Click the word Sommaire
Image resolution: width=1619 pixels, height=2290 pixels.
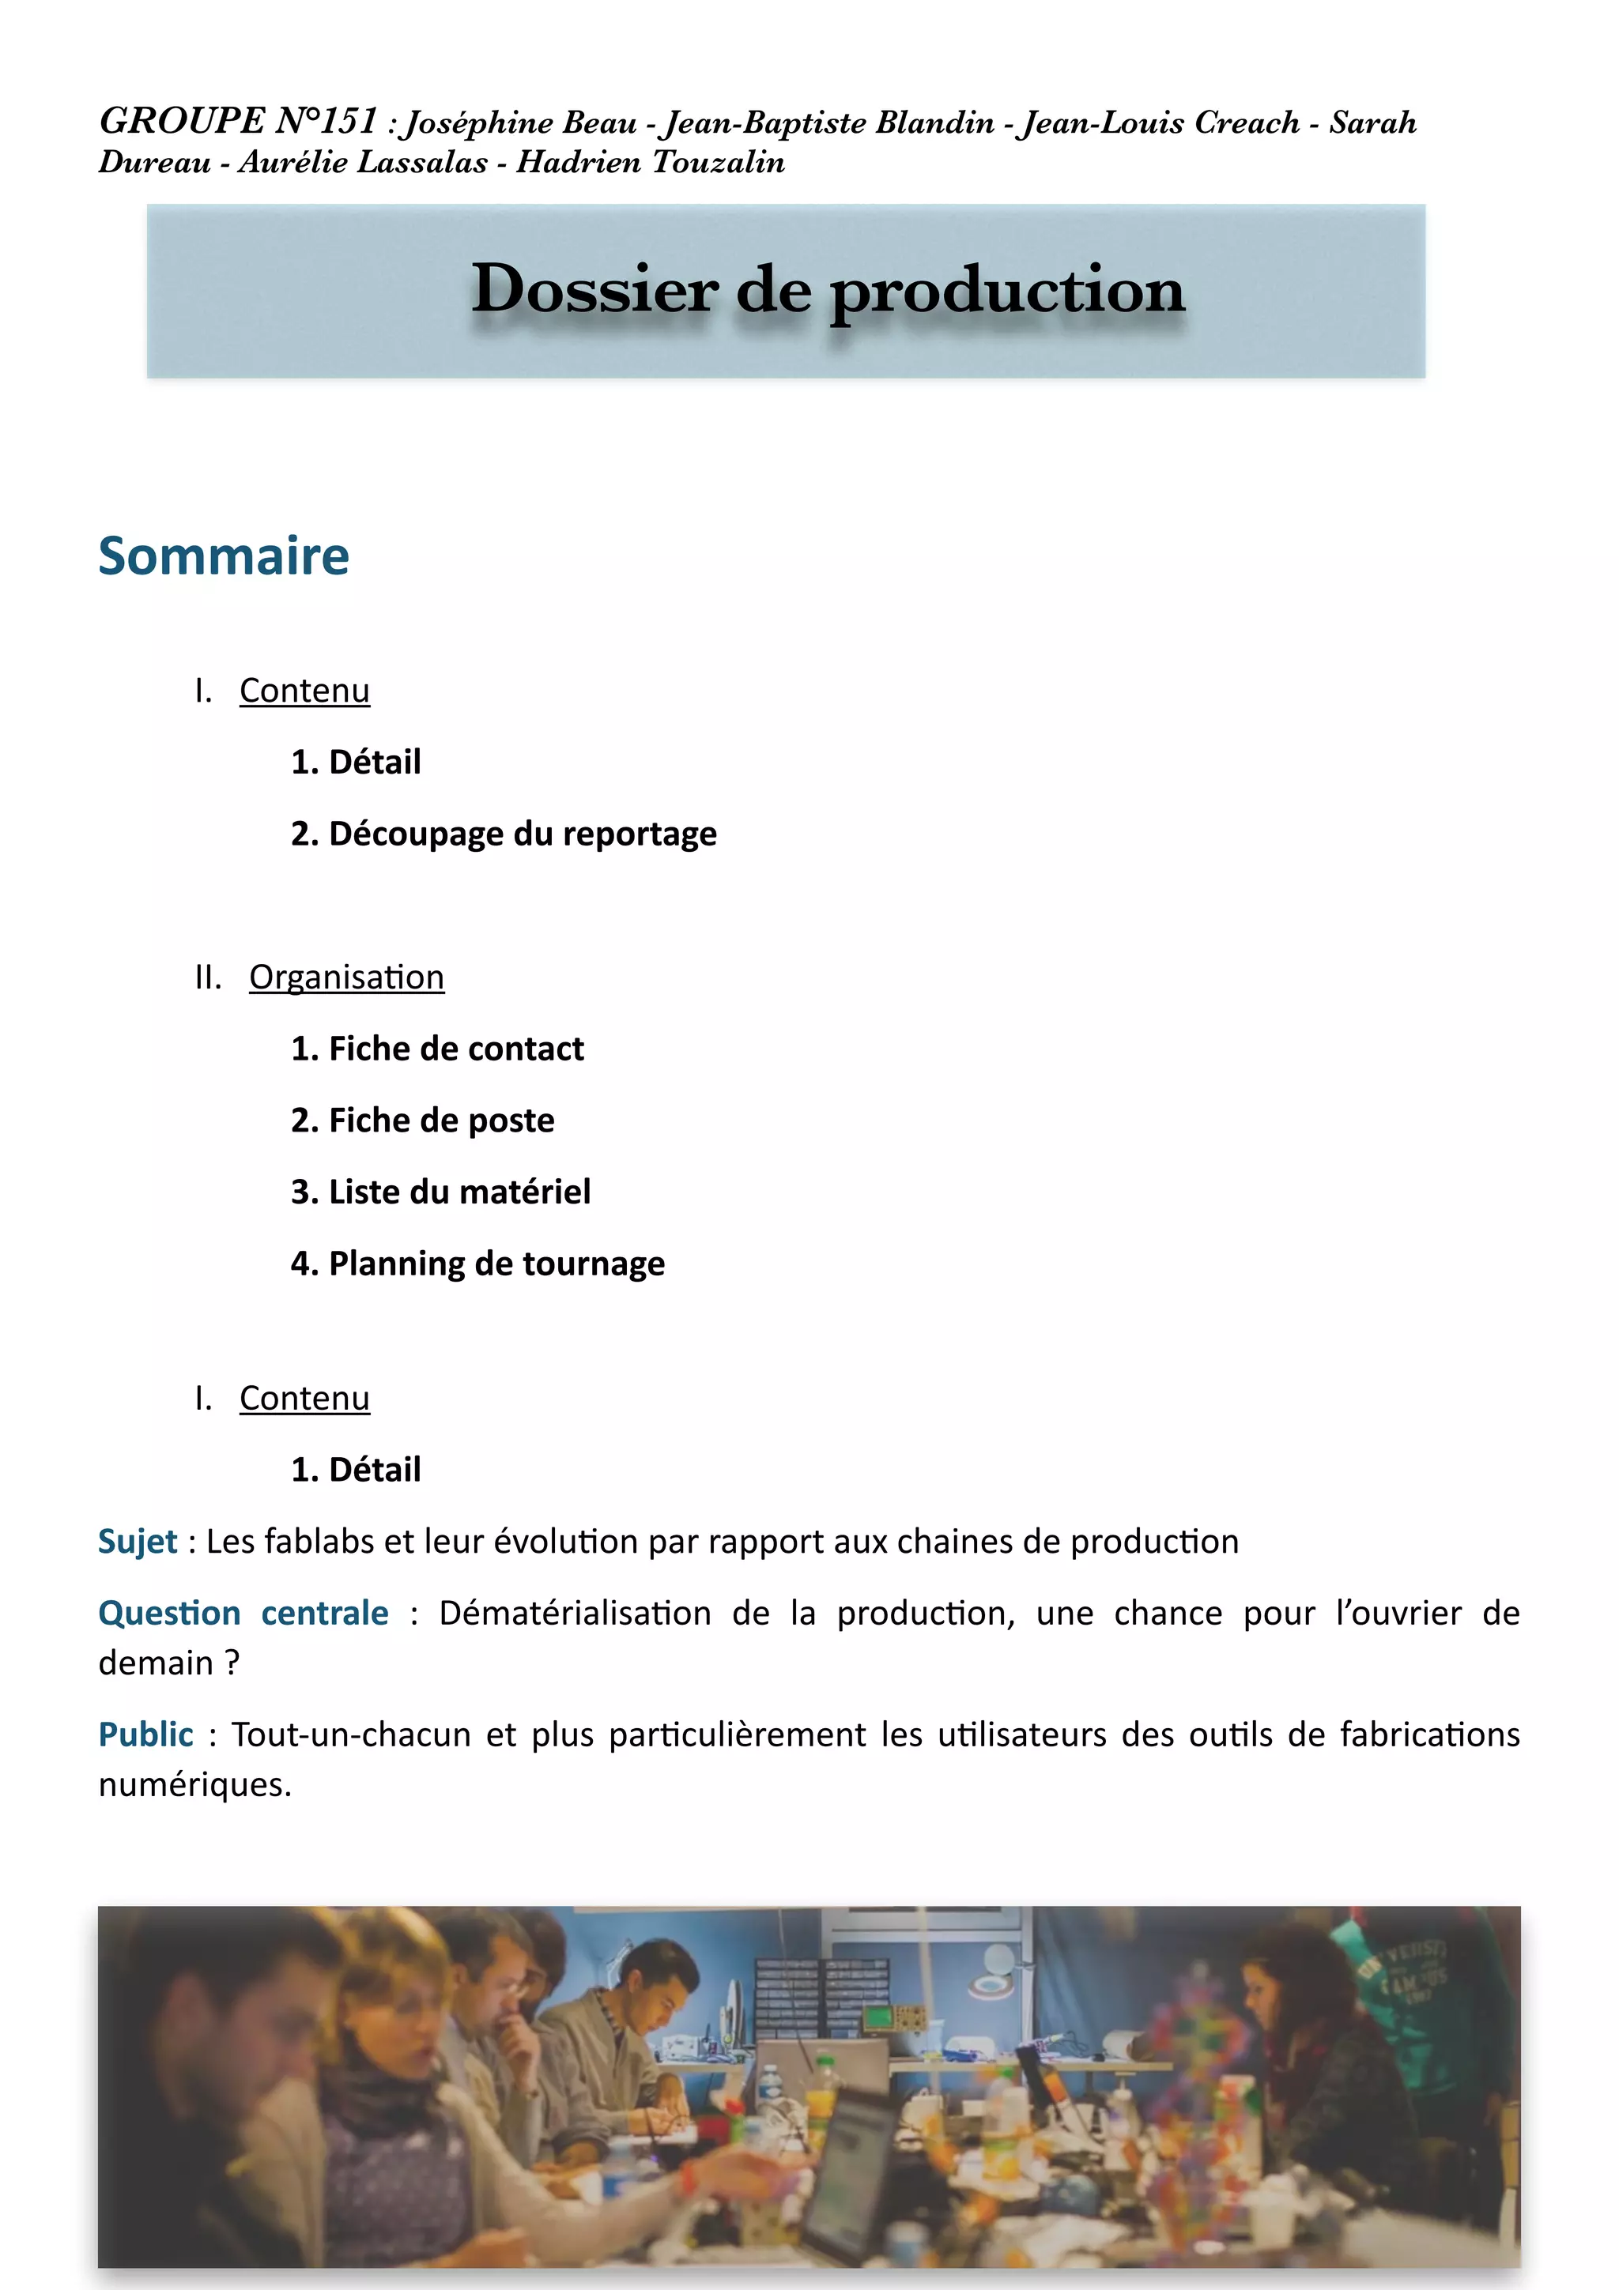point(224,556)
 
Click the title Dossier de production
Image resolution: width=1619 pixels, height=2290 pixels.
point(827,289)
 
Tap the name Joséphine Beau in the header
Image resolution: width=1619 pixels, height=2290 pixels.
point(521,122)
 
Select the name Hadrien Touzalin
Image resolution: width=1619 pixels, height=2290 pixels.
point(651,161)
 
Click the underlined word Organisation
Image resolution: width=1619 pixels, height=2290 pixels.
point(346,977)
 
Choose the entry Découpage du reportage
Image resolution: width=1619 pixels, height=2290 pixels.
point(504,833)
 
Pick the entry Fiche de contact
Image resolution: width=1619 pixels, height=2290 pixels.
point(437,1049)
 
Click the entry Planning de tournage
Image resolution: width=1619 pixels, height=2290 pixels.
point(477,1264)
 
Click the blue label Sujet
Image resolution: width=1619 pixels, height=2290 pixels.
point(138,1541)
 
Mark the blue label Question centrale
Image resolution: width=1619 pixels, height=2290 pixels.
point(243,1613)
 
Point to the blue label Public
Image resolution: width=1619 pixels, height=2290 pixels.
point(145,1734)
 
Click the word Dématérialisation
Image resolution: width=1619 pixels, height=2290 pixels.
point(575,1613)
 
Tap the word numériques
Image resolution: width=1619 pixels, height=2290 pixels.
point(194,1784)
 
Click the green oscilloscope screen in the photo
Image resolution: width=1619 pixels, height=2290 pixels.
point(879,2016)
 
